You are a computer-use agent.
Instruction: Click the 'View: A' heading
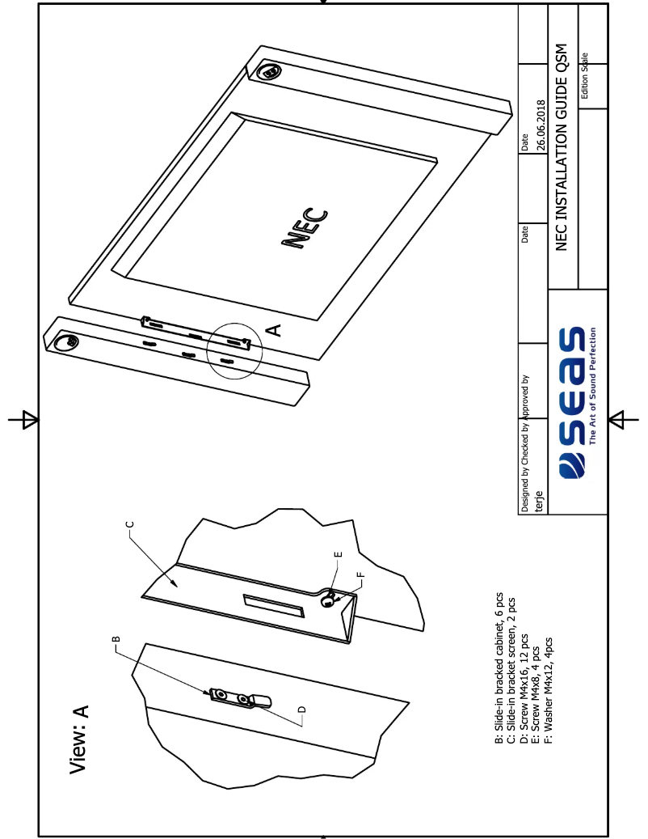pos(79,739)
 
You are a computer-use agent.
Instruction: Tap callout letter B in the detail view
pos(116,638)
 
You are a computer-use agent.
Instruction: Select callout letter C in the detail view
pos(130,523)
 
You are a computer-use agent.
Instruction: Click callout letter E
pos(338,554)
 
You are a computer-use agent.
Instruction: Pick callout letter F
pos(360,575)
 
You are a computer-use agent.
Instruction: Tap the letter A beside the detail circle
pos(275,329)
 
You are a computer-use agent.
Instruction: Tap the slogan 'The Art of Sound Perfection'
pos(593,386)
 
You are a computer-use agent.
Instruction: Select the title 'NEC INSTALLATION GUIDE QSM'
pos(562,146)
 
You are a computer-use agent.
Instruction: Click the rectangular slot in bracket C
pos(275,605)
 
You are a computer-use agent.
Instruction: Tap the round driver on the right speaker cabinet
pos(270,72)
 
